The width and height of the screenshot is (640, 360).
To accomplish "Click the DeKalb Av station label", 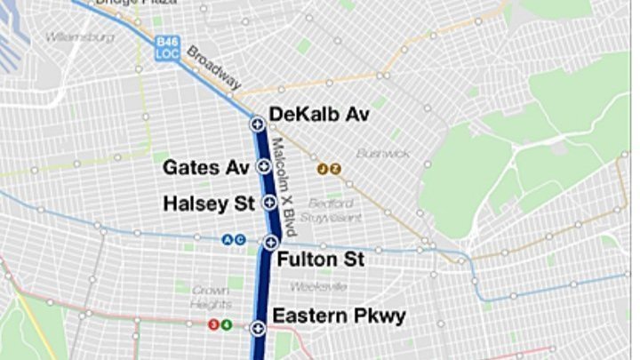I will pyautogui.click(x=318, y=115).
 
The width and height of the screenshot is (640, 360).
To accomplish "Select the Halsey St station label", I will pyautogui.click(x=209, y=204).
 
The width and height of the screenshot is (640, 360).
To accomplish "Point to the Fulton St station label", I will pyautogui.click(x=321, y=260).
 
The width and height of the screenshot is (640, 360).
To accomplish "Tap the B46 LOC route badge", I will pyautogui.click(x=166, y=47).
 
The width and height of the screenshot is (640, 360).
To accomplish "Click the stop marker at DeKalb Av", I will pyautogui.click(x=256, y=124).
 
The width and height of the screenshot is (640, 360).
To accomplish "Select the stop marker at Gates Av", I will pyautogui.click(x=263, y=166).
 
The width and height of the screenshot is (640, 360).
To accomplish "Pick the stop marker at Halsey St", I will pyautogui.click(x=268, y=203).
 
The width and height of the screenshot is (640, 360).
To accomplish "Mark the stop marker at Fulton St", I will pyautogui.click(x=270, y=242).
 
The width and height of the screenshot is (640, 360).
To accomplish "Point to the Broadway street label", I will pyautogui.click(x=214, y=67).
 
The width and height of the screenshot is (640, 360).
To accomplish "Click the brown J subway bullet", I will pyautogui.click(x=324, y=168).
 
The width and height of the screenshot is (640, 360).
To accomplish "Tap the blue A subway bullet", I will pyautogui.click(x=228, y=239).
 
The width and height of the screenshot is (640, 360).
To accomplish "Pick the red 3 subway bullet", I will pyautogui.click(x=212, y=324).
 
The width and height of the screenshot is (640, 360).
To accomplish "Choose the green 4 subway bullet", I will pyautogui.click(x=226, y=324).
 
